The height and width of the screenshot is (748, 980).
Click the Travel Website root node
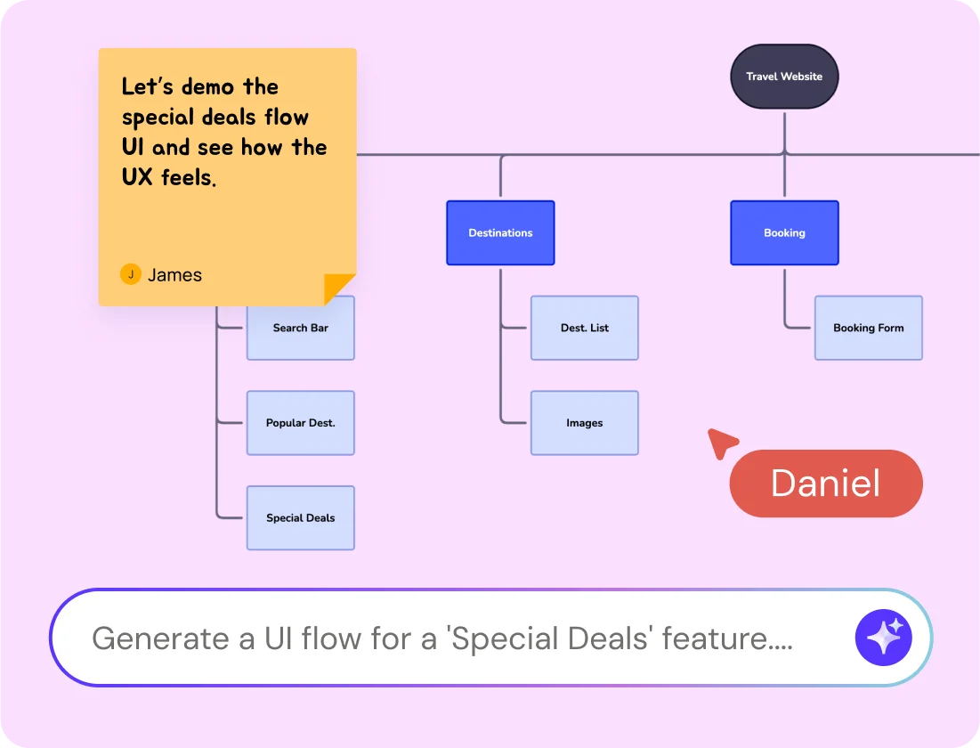pos(784,77)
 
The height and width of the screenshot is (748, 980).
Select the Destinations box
pos(500,232)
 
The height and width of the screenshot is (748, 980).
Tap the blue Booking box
pos(784,232)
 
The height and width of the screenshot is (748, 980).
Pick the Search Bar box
pos(300,328)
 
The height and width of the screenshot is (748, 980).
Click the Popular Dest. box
pos(300,423)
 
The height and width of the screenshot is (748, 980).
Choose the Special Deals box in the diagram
pos(300,517)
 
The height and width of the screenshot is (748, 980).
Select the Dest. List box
pos(584,328)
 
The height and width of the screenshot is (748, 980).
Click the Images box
pos(584,423)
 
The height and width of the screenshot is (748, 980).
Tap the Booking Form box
pos(868,328)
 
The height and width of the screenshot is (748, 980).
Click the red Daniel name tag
pos(825,484)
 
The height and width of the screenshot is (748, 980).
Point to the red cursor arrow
pos(720,441)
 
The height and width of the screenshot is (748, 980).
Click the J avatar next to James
pos(131,274)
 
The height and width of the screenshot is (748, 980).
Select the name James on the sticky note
pos(174,275)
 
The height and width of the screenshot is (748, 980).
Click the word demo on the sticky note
pos(211,87)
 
